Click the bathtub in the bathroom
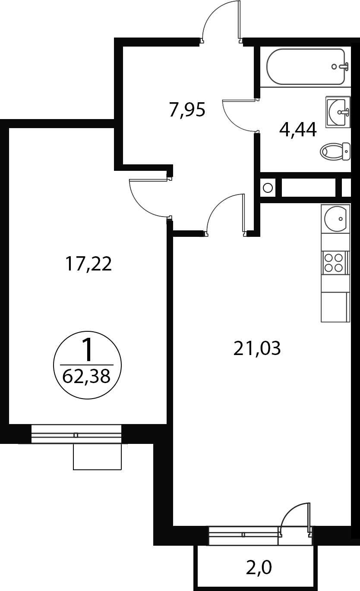pos(305,67)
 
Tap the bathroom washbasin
pos(338,112)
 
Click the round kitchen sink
pos(335,219)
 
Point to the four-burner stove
pos(334,263)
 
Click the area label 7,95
pos(187,110)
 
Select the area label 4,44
pos(298,130)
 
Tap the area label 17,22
pos(88,264)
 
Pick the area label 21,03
pos(257,348)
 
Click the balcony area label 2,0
pos(259,568)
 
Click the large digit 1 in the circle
pos(87,350)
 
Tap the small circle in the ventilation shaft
pos(268,188)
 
